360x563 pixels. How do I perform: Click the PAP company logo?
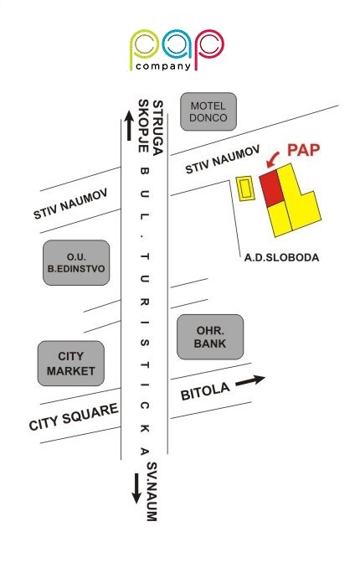tap(177, 49)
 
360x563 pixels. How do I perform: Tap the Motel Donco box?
tap(208, 111)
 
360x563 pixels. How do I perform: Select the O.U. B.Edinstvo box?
tap(76, 262)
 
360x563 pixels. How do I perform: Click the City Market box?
tap(70, 364)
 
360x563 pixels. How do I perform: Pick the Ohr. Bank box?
tap(210, 337)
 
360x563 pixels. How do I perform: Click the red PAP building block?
tap(271, 189)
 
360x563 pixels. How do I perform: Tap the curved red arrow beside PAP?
tap(272, 160)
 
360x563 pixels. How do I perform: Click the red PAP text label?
tap(303, 150)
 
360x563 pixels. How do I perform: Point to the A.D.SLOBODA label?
tap(281, 257)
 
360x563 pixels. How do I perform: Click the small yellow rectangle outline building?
tap(245, 189)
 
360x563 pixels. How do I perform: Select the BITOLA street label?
tap(205, 391)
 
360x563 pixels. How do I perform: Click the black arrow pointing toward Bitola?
tap(250, 381)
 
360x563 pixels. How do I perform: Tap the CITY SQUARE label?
tap(74, 417)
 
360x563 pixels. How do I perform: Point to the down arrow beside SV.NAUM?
tap(136, 488)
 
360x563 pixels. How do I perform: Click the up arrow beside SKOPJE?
tap(129, 126)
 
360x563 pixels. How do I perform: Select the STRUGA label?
tap(158, 127)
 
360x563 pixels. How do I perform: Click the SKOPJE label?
tap(143, 126)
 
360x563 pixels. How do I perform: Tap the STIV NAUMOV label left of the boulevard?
tap(70, 204)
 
